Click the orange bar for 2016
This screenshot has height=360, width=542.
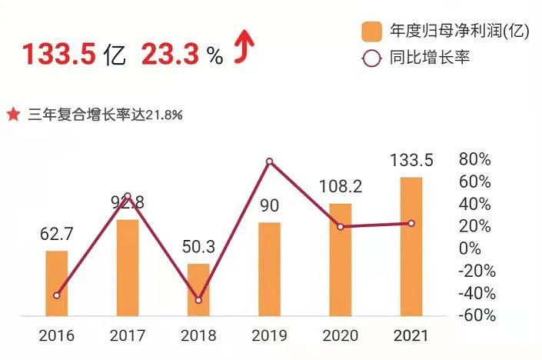57,282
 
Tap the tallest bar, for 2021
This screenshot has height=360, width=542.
411,245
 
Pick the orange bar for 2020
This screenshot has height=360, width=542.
341,258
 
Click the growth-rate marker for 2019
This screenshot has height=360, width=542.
269,162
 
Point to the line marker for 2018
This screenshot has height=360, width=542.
198,300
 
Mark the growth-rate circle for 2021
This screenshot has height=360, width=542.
411,224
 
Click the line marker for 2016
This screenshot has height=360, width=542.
57,295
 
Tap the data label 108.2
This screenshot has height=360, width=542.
341,186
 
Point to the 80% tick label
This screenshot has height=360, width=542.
474,160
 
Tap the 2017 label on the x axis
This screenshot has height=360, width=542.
128,336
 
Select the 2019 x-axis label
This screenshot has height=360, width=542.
269,336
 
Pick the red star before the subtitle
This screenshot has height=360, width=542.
13,115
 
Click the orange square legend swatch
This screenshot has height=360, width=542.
372,32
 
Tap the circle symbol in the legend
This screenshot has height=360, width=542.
372,58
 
